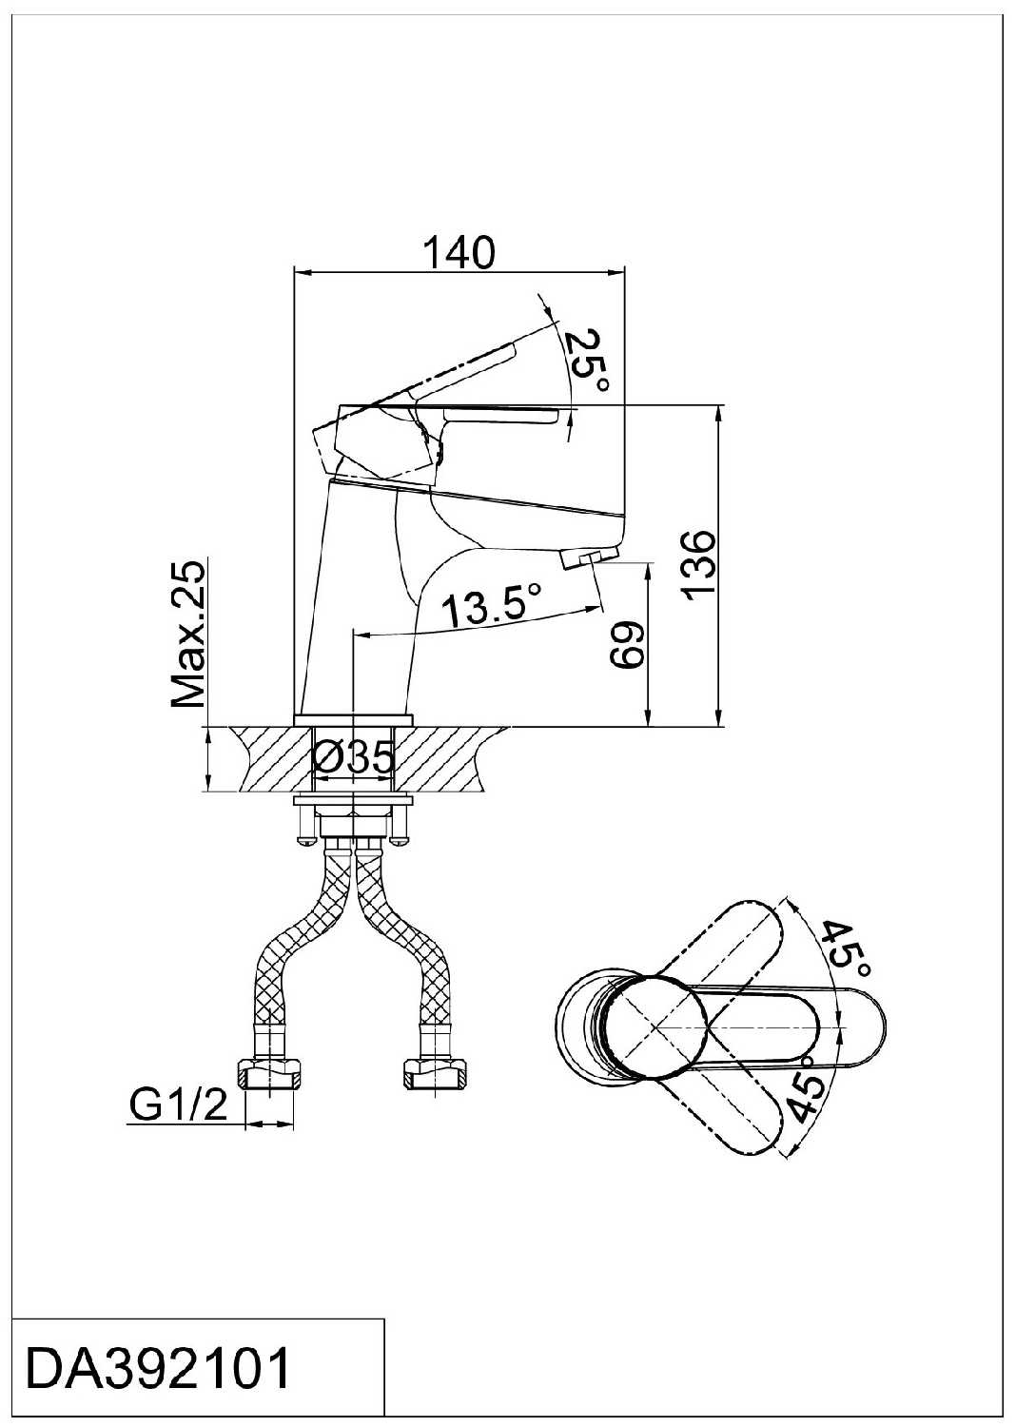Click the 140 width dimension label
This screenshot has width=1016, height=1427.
point(459,252)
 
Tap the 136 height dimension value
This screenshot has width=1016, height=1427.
point(698,565)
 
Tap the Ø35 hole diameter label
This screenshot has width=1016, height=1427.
point(354,759)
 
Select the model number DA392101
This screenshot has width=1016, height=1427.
point(158,1371)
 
